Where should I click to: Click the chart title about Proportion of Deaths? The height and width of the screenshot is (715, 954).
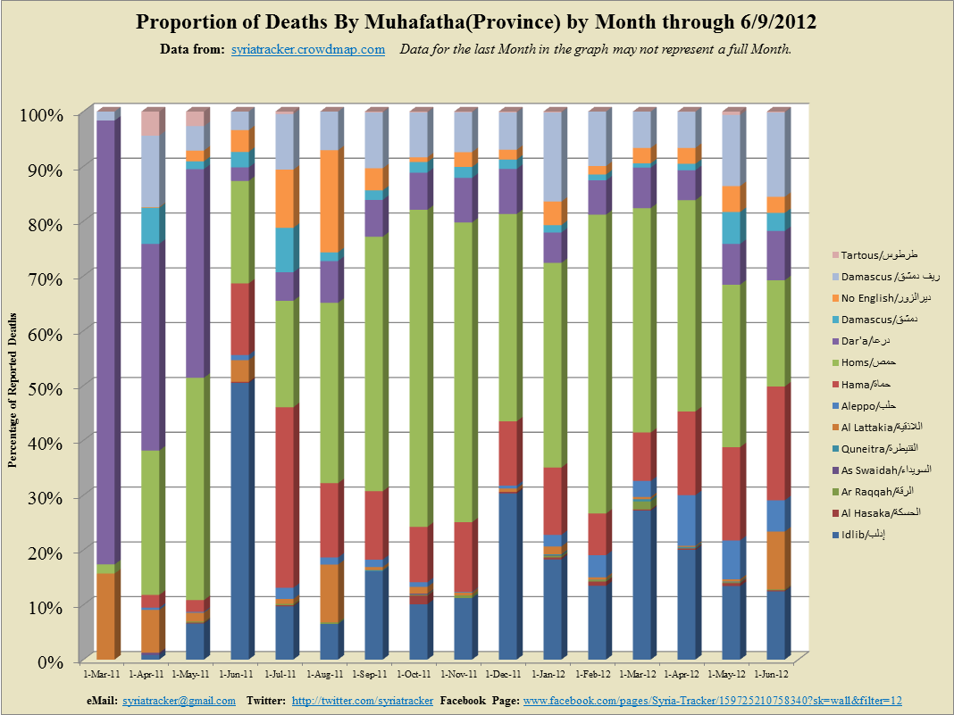[x=476, y=21]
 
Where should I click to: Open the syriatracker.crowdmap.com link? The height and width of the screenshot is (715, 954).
[x=307, y=49]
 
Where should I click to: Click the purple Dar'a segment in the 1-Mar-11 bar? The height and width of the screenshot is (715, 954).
[x=105, y=339]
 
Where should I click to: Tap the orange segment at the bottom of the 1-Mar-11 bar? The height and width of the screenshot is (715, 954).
[x=105, y=616]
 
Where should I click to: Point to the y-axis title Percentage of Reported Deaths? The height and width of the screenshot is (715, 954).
[x=14, y=387]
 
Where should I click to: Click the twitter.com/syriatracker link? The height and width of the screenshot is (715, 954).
[x=363, y=701]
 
